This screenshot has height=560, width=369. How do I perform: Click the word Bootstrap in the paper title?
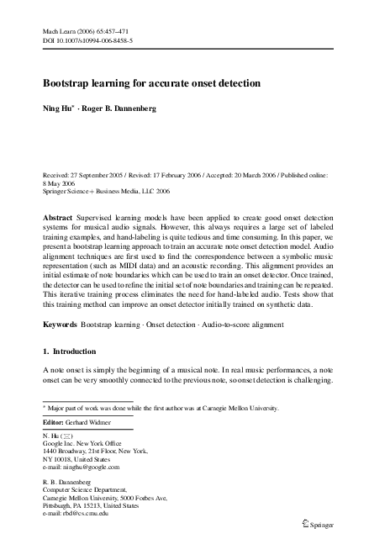coord(69,84)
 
